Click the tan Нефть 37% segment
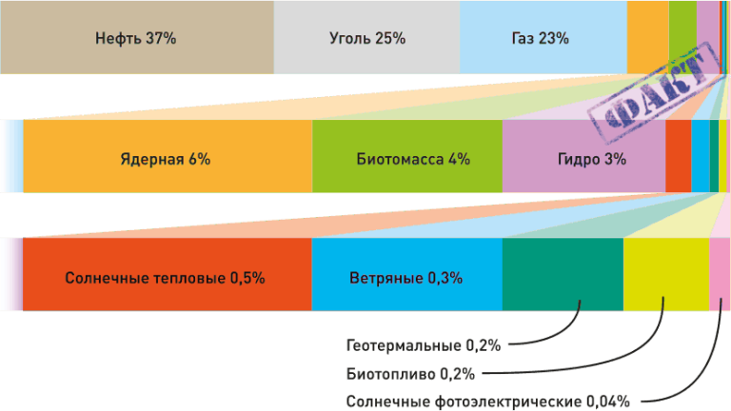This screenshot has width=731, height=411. coord(137,38)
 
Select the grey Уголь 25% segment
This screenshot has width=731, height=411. coord(366,38)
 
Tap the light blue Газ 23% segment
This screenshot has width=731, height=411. coord(543,38)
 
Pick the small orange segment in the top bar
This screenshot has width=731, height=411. coord(648,38)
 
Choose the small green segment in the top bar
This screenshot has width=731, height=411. coord(682,38)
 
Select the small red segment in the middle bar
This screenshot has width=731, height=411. coord(678,158)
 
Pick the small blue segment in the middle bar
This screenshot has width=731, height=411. coord(700,158)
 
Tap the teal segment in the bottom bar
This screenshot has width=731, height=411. coord(562,274)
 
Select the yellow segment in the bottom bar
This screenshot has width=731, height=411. coord(665,274)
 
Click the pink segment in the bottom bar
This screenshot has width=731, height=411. coord(721,274)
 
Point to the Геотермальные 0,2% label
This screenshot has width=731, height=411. coord(424,343)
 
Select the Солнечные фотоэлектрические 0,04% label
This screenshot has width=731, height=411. coord(488,401)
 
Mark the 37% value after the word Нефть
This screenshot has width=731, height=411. coord(161,39)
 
